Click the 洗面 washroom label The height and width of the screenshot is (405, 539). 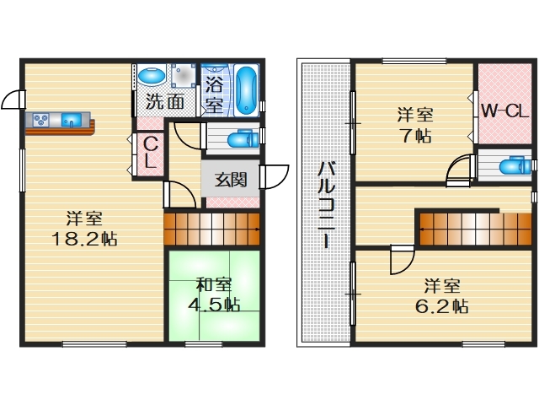(165, 103)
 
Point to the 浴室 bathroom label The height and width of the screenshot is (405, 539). (215, 95)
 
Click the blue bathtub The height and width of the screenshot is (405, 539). (246, 89)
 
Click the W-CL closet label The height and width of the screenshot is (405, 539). (504, 110)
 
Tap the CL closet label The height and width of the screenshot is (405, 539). (148, 154)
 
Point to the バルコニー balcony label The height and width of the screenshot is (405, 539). (324, 202)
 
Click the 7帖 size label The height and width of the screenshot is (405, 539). (412, 135)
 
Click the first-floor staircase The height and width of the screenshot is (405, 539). (211, 228)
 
